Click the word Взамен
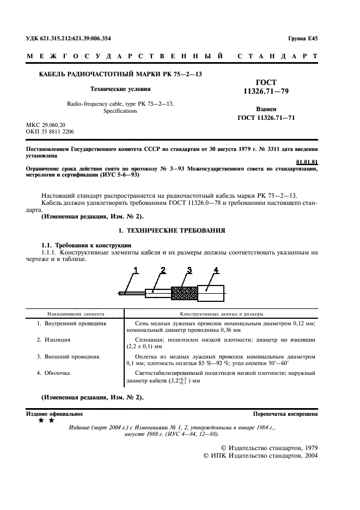click(x=266, y=109)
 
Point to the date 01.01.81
click(x=307, y=162)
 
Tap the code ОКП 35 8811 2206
click(x=51, y=132)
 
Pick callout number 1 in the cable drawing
click(x=136, y=270)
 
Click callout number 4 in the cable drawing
click(x=216, y=270)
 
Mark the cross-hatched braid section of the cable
click(x=184, y=293)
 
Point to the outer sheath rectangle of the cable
click(x=210, y=293)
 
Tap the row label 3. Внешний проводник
click(x=68, y=357)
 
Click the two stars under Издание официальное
click(x=46, y=421)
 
